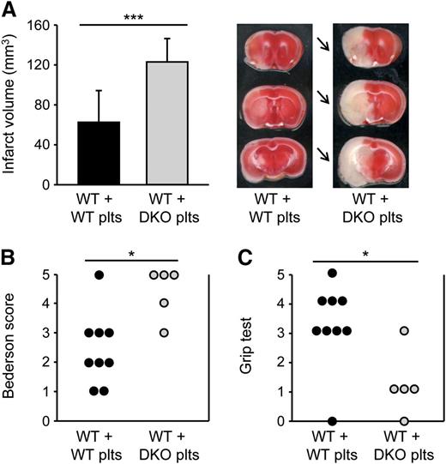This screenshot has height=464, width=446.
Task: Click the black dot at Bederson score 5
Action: [x=99, y=275]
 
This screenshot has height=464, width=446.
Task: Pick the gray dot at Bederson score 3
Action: [x=164, y=333]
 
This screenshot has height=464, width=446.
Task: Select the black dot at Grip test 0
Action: [x=332, y=421]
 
